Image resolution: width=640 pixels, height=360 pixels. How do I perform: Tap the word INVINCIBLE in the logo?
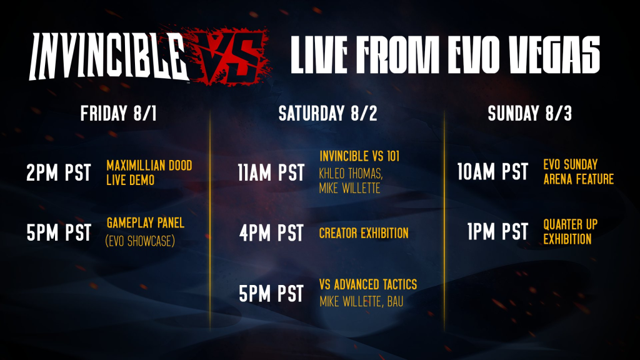tap(107, 56)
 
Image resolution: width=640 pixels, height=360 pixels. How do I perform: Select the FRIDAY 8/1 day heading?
tap(118, 114)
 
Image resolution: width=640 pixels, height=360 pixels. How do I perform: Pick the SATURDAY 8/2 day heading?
tap(327, 114)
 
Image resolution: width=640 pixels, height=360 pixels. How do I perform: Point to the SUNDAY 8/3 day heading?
tap(530, 114)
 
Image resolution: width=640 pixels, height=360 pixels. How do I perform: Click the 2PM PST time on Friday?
tap(59, 172)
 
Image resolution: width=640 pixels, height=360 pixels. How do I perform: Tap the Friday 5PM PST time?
tap(59, 232)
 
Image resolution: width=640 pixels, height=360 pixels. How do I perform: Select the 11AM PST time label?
tap(271, 172)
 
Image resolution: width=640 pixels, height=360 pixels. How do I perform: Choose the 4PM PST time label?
tap(271, 232)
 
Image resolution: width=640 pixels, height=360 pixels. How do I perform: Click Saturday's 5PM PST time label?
tap(271, 294)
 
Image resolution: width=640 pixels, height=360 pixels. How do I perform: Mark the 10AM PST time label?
tap(492, 171)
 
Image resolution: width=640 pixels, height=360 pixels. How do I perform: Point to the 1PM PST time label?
tap(498, 232)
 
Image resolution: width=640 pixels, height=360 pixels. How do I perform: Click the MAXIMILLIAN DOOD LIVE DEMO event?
tap(149, 172)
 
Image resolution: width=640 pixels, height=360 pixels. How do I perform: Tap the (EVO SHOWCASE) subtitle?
tap(140, 241)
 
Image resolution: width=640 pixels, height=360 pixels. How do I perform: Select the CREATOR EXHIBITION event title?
tap(364, 233)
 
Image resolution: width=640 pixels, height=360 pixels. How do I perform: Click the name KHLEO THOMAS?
tap(351, 174)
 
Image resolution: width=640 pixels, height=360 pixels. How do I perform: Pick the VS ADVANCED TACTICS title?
tap(368, 284)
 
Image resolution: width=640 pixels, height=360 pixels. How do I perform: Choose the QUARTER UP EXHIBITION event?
tap(570, 231)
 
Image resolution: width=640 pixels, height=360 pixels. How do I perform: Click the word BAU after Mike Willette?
tap(395, 302)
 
